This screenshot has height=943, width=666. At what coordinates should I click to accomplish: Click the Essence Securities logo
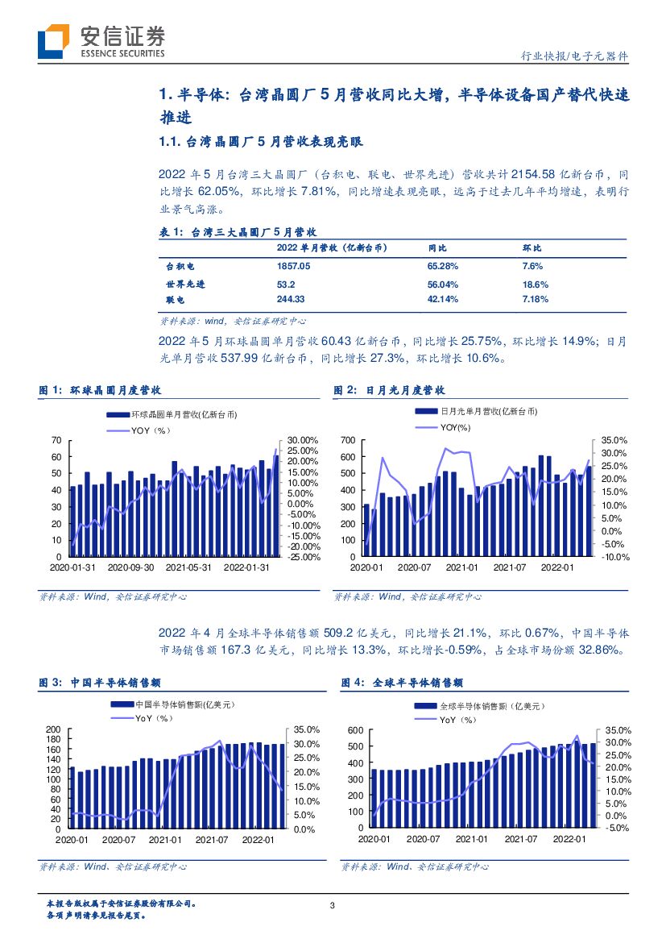101,40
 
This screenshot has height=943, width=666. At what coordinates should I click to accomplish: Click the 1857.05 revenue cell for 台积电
293,265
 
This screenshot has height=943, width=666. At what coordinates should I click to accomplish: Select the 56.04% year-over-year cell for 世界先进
442,285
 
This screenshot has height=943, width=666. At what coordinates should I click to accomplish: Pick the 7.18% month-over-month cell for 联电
536,299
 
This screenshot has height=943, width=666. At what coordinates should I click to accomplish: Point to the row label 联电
176,299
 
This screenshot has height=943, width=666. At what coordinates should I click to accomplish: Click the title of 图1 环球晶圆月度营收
101,390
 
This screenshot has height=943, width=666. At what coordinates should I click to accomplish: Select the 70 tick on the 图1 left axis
56,440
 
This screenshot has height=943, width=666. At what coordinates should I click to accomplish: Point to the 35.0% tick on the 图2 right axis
614,440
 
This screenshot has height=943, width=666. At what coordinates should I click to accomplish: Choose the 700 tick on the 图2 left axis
349,440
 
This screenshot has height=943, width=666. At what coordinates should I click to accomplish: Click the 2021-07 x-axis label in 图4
522,840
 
